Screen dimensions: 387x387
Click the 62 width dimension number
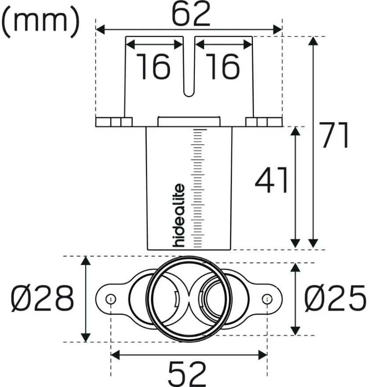tap(191, 14)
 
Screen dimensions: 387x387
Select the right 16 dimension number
tap(223, 66)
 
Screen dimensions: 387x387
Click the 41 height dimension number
tap(271, 180)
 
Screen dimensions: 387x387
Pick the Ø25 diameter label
tap(335, 298)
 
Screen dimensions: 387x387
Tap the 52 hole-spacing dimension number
tap(187, 373)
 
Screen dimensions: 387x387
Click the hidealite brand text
tap(179, 215)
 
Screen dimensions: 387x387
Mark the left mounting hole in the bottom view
tap(110, 299)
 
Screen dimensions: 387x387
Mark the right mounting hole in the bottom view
tap(267, 299)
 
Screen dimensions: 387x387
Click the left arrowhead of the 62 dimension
tap(100, 29)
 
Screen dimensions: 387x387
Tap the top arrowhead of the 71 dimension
tap(313, 41)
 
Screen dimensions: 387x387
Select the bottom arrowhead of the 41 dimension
tap(295, 243)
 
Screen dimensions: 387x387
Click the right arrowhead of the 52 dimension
tap(263, 355)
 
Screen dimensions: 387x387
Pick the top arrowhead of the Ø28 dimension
tap(86, 261)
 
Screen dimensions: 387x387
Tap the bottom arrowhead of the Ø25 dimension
tap(295, 331)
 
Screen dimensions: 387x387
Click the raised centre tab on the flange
tap(189, 121)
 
